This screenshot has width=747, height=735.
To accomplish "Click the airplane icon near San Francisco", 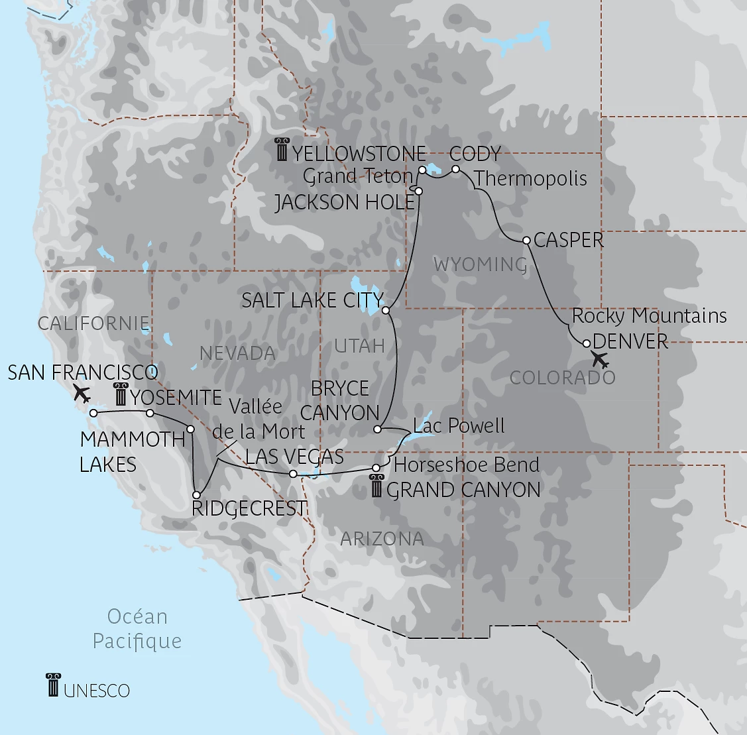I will (82, 393).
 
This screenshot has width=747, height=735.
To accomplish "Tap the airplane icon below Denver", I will (600, 361).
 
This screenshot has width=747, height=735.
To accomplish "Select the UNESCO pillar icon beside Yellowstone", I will (282, 151).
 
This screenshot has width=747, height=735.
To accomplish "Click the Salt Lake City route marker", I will (386, 310).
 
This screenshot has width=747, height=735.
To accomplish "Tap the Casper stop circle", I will (526, 240).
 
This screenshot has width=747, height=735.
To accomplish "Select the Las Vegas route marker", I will (293, 473).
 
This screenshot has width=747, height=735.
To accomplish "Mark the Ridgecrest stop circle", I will (196, 494).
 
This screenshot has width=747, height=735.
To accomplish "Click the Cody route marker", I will (455, 170).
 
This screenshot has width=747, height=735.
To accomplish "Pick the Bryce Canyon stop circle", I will (376, 429).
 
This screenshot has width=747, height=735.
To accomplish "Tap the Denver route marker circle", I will (586, 343).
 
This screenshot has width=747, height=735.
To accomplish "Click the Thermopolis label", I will (531, 178).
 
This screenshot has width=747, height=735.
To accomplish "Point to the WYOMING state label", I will (480, 264).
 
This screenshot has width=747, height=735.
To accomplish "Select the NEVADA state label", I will (237, 353).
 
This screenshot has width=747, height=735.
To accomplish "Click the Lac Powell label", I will (459, 425).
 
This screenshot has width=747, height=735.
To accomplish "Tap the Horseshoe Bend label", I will (467, 465).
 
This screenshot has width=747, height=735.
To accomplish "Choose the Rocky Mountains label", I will (649, 315).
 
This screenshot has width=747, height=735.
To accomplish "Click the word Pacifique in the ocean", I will (137, 641).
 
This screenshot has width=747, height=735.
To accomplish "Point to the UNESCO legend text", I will (97, 690).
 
